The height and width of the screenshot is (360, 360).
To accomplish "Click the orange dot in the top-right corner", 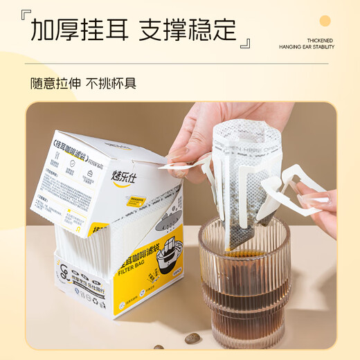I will click(x=325, y=21).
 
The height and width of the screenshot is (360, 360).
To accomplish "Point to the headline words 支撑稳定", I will click(x=188, y=29).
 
